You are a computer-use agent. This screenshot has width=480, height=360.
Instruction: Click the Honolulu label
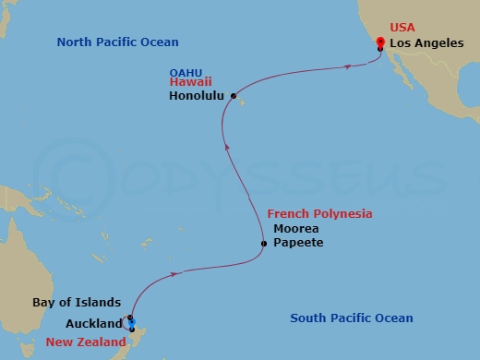tap(199, 95)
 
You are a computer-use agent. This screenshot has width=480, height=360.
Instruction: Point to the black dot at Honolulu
tap(234, 95)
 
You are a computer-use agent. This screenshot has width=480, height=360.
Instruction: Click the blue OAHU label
tap(187, 70)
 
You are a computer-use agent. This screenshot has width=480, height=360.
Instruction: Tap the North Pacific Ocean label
tap(117, 42)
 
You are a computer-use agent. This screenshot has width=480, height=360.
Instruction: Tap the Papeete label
tap(298, 243)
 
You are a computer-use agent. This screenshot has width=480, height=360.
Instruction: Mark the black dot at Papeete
tap(264, 244)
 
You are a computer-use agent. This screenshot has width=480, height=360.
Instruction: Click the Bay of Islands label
tap(77, 302)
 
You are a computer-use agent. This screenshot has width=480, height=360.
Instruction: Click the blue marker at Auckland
tap(132, 321)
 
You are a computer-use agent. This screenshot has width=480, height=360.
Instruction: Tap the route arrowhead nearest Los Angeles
tap(347, 66)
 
